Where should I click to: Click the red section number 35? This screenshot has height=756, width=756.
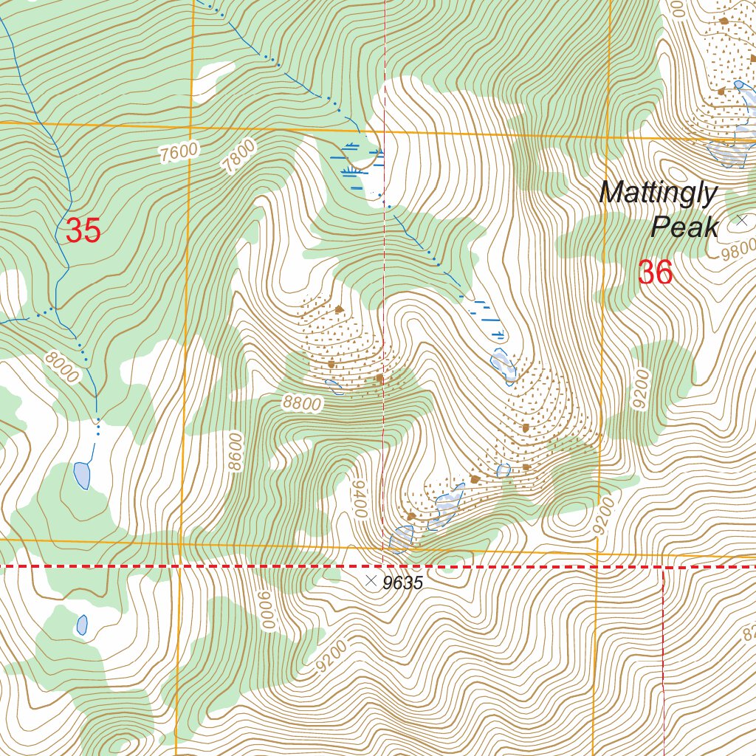(x=83, y=231)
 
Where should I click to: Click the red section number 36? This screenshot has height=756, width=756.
(x=655, y=273)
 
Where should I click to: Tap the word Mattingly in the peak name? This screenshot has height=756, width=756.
(x=658, y=193)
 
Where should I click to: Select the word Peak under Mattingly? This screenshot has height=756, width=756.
(x=684, y=227)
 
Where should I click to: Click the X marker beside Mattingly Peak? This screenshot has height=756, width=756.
(x=742, y=220)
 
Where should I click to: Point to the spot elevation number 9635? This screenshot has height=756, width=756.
(x=402, y=583)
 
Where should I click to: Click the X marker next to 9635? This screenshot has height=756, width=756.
(x=371, y=581)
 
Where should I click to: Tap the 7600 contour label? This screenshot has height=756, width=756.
(x=179, y=152)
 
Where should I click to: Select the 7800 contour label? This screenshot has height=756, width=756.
(x=240, y=157)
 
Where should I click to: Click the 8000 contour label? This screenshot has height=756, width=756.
(x=61, y=367)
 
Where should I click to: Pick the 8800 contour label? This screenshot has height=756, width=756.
(x=301, y=404)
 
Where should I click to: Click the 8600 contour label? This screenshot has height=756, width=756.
(x=235, y=451)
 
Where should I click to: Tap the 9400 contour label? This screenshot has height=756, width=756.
(x=360, y=498)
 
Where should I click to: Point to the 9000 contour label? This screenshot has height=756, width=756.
(x=266, y=610)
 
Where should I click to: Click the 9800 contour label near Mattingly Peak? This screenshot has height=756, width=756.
(x=738, y=248)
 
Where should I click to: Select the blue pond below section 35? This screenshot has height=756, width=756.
(x=82, y=475)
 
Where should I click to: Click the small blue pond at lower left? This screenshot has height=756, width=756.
(x=82, y=625)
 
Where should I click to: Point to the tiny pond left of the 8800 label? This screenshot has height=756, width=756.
(x=334, y=386)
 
